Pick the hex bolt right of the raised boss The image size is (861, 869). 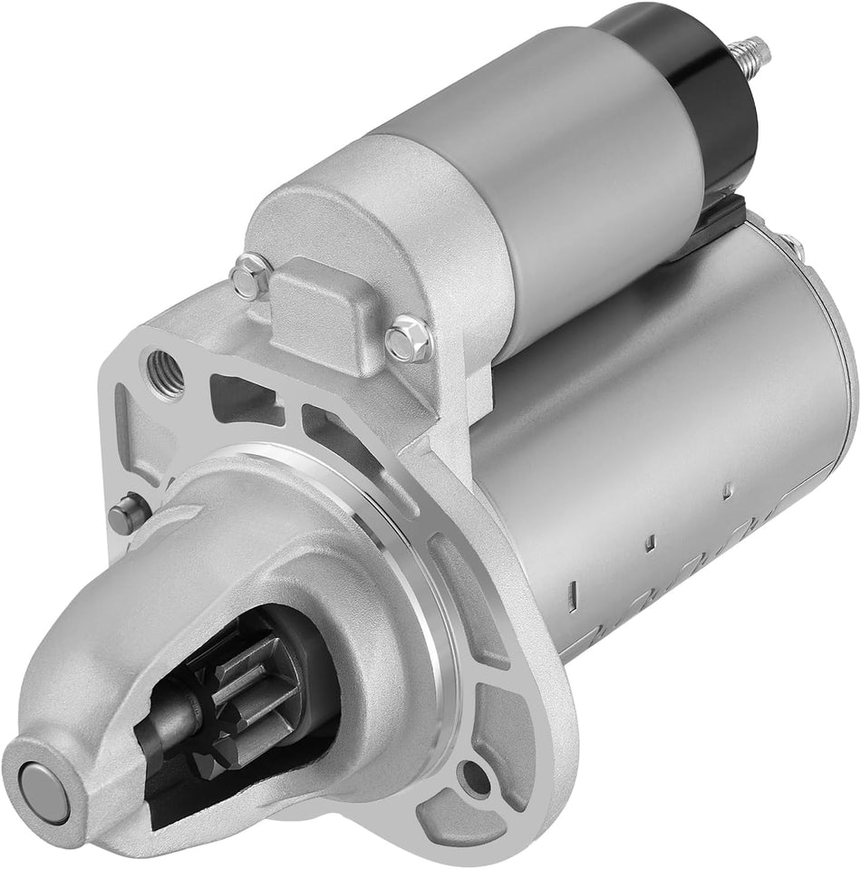[406, 343]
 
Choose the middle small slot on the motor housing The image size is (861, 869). [649, 543]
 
